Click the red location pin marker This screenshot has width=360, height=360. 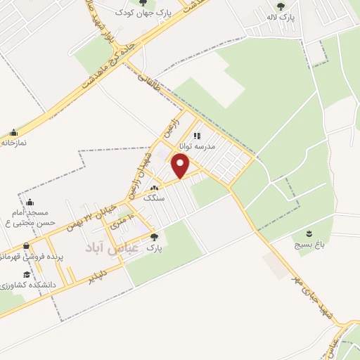pos(181,166)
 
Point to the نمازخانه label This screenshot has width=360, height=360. pos(14,143)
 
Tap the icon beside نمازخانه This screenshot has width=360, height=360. pos(14,132)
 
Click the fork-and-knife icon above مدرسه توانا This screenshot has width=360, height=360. pos(198,136)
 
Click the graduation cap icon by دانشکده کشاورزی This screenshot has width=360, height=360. pos(27,275)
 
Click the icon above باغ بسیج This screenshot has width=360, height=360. pos(308,233)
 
